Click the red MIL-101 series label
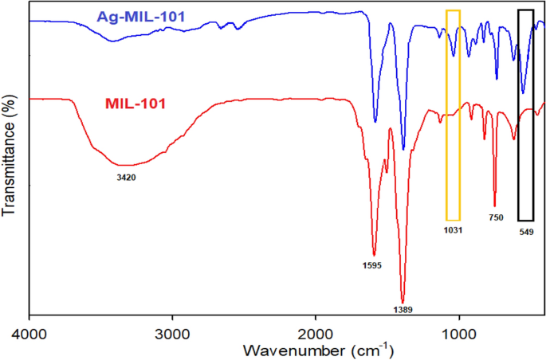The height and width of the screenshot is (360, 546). point(136,104)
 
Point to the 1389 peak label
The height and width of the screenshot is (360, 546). point(403,309)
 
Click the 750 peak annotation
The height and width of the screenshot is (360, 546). point(496,217)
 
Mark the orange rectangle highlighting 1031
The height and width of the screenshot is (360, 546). point(453,115)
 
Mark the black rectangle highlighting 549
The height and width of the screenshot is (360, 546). point(525,115)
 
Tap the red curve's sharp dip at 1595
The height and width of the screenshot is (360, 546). point(374,253)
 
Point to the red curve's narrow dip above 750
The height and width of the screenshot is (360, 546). point(495,205)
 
